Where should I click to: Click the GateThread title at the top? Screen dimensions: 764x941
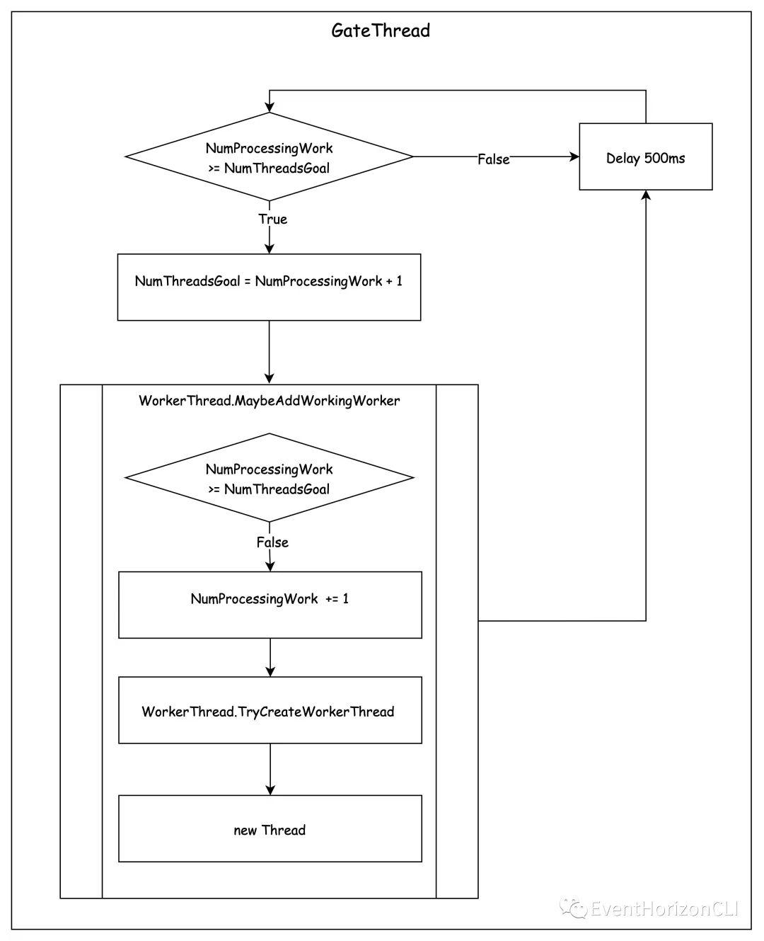380,31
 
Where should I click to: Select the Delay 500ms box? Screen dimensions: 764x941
645,156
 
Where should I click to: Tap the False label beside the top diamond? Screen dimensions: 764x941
494,159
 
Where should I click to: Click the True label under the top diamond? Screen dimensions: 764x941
273,219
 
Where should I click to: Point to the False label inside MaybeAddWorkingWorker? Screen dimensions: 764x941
272,542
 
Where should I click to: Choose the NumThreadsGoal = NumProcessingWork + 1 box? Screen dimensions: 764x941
269,287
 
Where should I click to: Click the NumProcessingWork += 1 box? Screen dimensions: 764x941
270,605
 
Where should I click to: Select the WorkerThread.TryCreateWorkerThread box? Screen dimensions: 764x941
270,710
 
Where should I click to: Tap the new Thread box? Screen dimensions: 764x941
270,828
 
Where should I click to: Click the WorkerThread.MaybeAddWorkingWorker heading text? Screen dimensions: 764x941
270,401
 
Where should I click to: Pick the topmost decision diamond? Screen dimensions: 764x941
270,156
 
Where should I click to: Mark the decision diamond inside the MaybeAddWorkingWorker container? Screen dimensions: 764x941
270,477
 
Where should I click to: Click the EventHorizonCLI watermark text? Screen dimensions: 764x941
664,908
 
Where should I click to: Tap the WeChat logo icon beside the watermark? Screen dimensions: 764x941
573,908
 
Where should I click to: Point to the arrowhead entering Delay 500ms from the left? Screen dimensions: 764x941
574,156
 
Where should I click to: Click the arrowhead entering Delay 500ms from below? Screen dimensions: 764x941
646,195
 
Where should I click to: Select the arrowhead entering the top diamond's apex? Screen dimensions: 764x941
270,108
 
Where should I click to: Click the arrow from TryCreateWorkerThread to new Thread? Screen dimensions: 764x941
270,769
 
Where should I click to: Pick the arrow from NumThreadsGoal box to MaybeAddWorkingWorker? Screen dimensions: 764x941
270,353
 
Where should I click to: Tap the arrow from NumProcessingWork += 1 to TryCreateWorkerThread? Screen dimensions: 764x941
270,657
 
